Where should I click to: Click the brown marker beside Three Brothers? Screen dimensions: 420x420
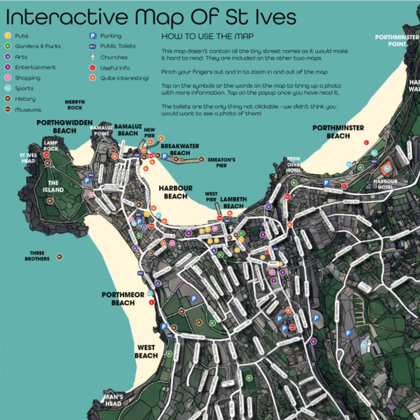click(59, 257)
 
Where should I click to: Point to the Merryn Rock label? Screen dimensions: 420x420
click(75, 105)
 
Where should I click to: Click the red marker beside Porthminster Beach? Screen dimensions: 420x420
click(366, 142)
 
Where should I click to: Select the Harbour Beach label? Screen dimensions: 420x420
click(175, 192)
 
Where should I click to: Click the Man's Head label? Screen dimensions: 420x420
click(113, 400)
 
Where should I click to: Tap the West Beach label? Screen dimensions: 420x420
click(146, 352)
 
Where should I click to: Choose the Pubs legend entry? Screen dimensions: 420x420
click(22, 36)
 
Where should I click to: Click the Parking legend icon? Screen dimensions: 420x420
click(93, 36)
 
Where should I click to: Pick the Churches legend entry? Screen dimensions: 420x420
click(114, 57)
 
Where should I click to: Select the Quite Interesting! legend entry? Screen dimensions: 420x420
click(124, 78)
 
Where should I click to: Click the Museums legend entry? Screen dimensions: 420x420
click(28, 110)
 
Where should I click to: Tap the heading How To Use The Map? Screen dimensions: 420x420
click(207, 37)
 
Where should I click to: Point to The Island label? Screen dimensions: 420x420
click(53, 186)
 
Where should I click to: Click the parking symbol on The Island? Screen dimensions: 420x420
click(87, 181)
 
